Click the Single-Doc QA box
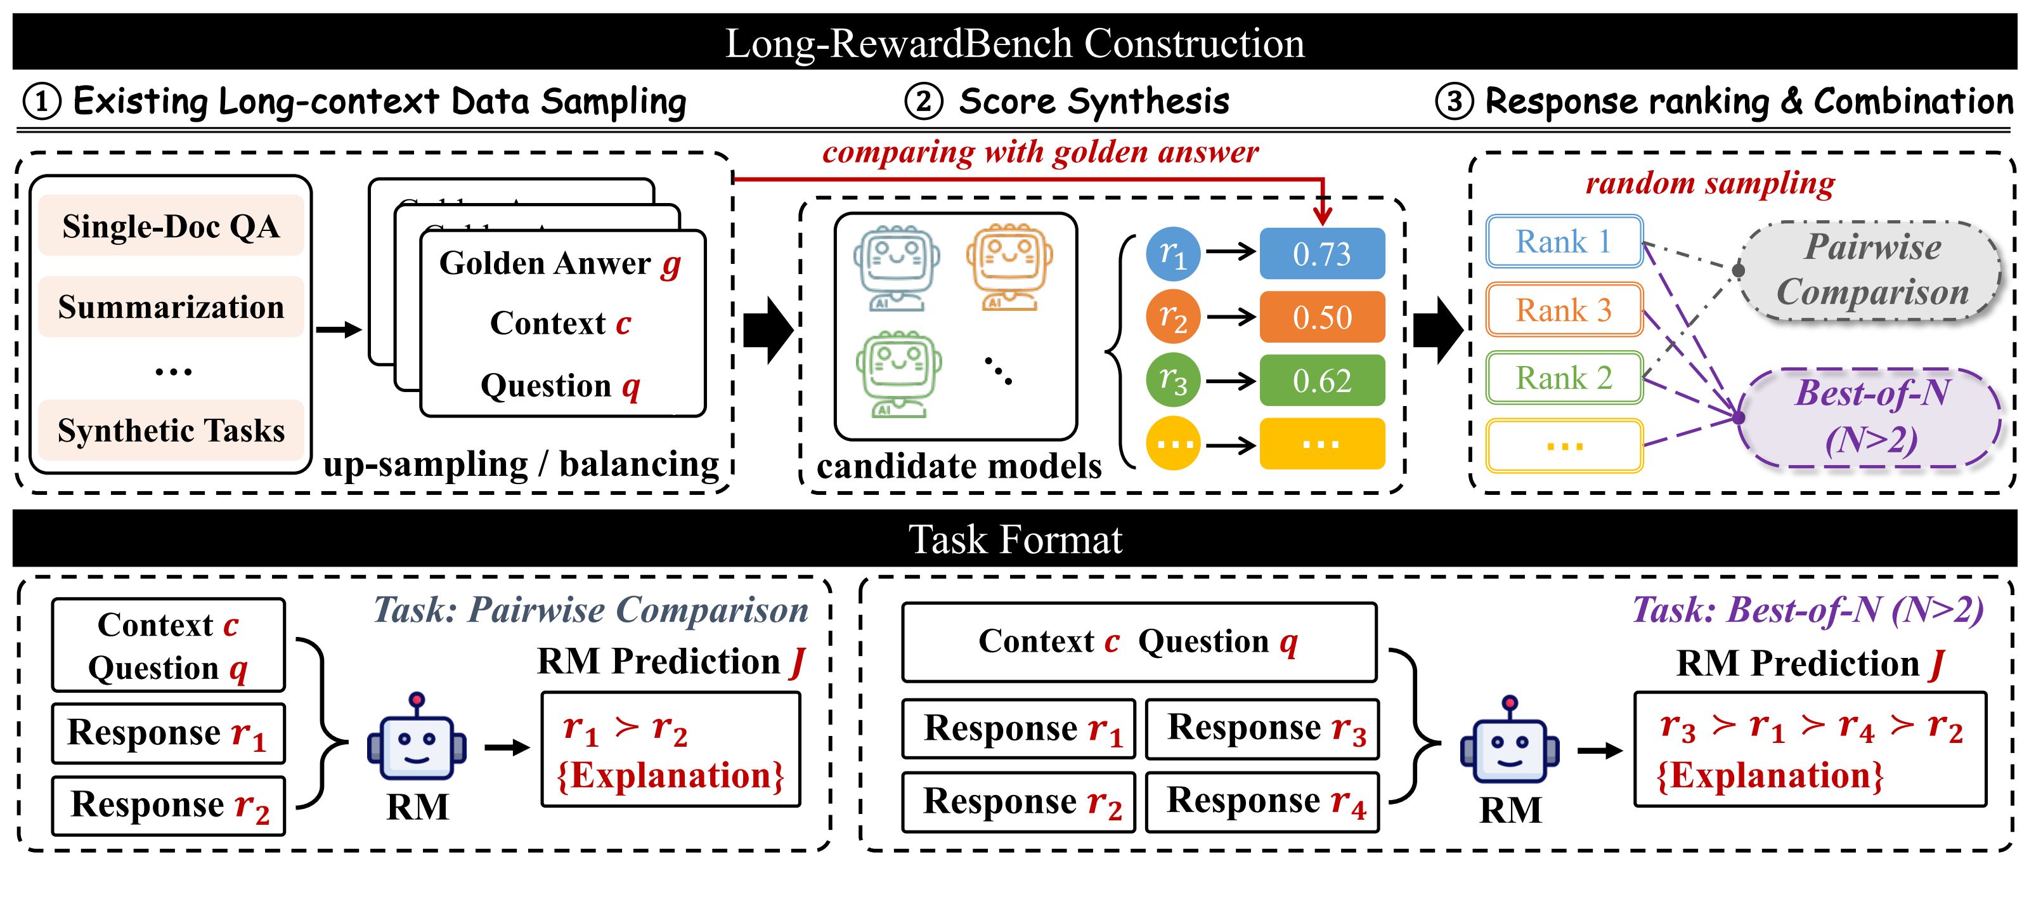coord(171,226)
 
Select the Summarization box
coord(171,306)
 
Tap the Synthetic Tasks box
coord(171,430)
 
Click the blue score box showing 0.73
coord(1321,254)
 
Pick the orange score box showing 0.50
coord(1321,317)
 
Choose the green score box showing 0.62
coord(1321,381)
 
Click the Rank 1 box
coord(1564,241)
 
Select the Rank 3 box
coord(1564,310)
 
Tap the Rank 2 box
coord(1564,378)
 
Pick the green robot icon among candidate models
coord(898,374)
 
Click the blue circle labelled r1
coord(1173,254)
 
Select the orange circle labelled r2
coord(1173,317)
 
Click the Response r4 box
coord(1262,802)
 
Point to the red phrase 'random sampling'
coord(1709,183)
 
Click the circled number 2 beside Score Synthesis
coord(923,102)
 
